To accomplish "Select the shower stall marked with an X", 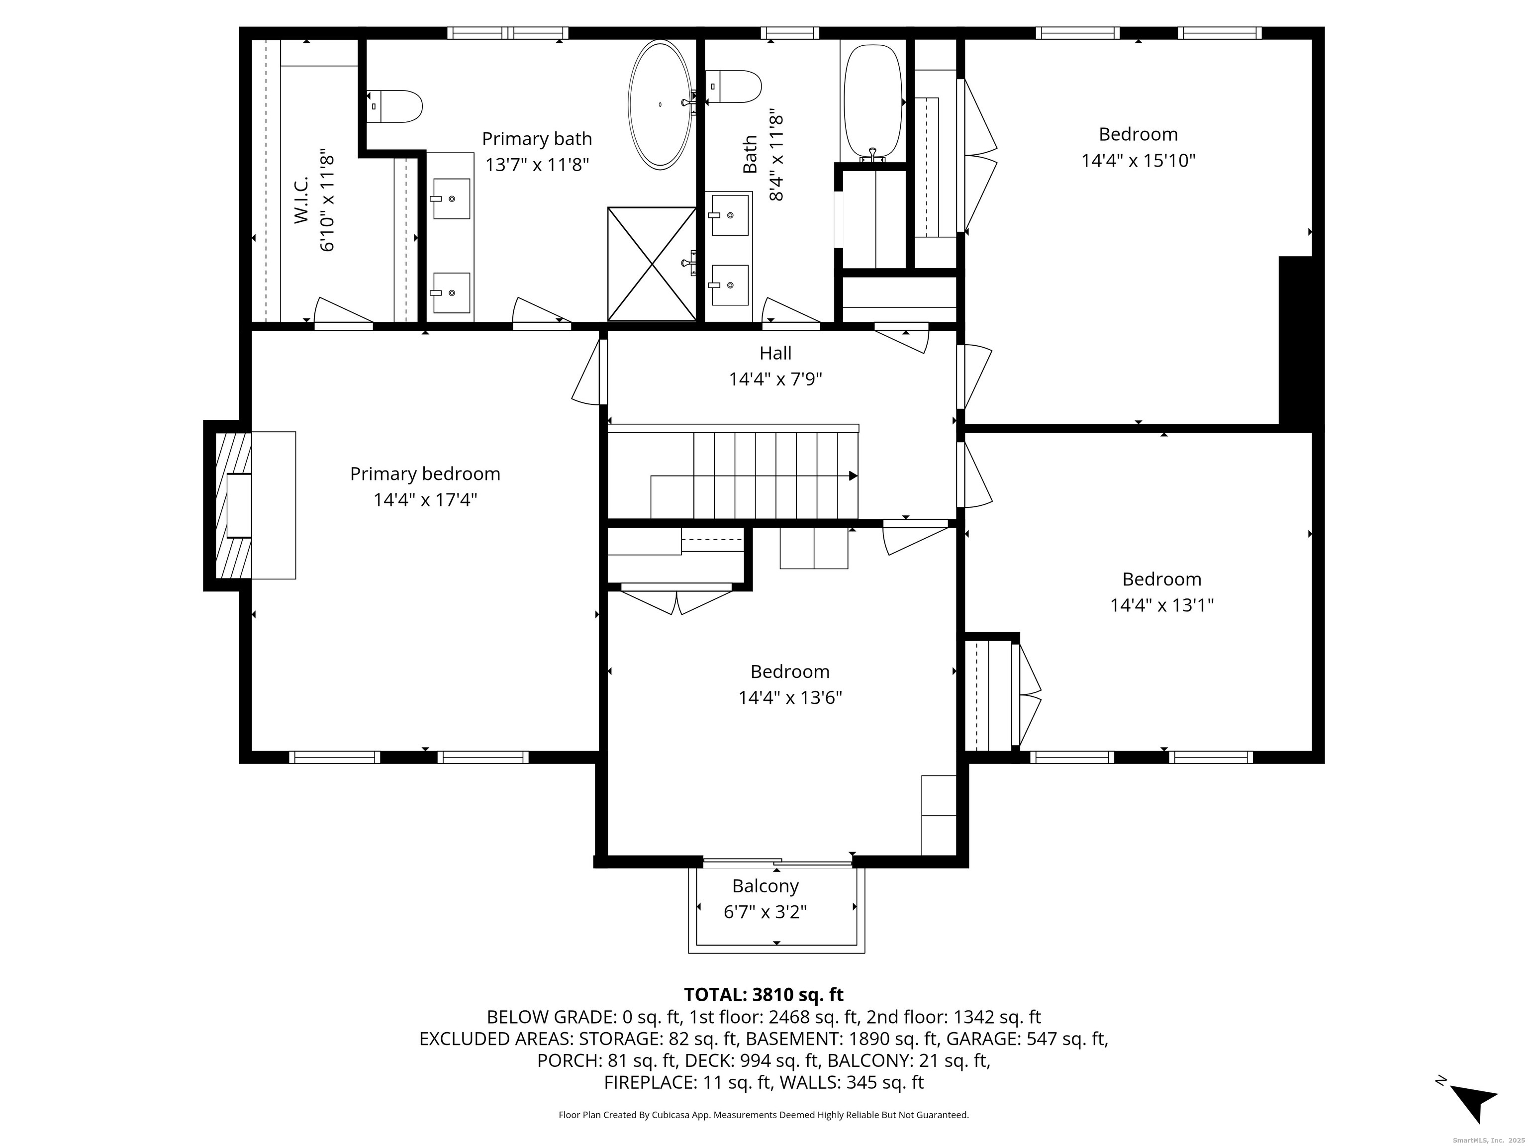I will click(x=652, y=264).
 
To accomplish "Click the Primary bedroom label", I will click(x=425, y=474).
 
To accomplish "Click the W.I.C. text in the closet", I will click(x=301, y=200).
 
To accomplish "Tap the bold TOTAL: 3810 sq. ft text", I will click(x=764, y=995).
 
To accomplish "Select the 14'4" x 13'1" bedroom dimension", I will click(x=1162, y=606).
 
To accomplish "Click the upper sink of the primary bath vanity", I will click(x=451, y=199).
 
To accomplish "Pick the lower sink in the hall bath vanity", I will click(x=730, y=285).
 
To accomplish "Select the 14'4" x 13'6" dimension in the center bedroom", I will click(x=789, y=698).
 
